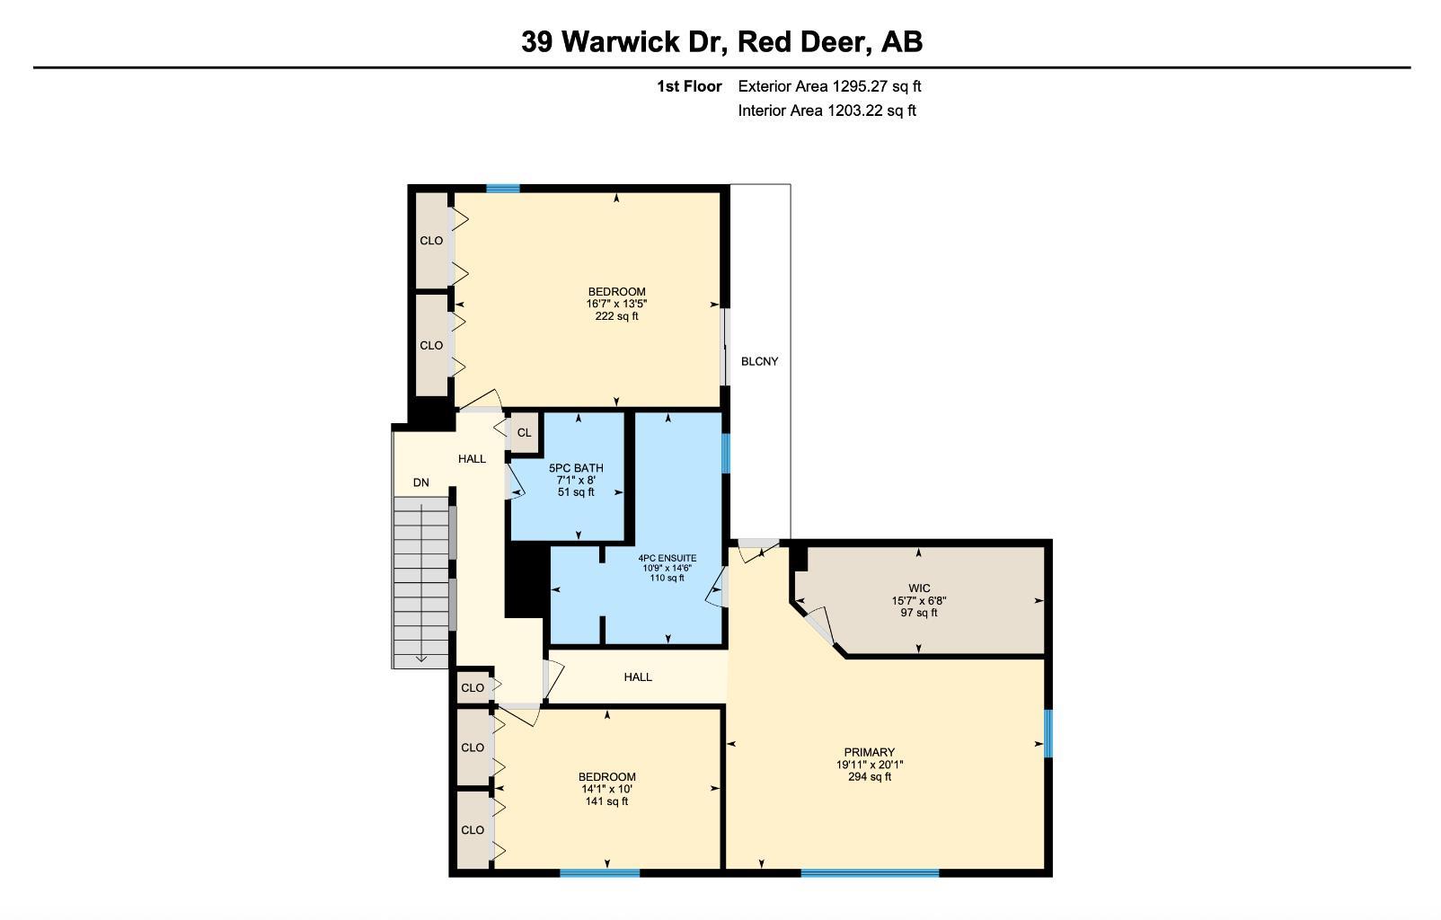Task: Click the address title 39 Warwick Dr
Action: [x=624, y=42]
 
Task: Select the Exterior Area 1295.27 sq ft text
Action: [x=829, y=86]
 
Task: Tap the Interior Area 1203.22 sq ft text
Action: [x=827, y=111]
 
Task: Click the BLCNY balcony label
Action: [x=760, y=361]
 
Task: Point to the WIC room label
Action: [x=919, y=588]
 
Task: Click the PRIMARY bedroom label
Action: [x=870, y=752]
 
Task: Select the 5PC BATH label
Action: [x=577, y=468]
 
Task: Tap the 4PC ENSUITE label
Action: [x=667, y=559]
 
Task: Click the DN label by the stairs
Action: [x=420, y=482]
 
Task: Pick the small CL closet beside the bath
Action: [x=525, y=433]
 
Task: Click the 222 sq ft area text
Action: [x=617, y=316]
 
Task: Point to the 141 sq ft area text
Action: [x=606, y=801]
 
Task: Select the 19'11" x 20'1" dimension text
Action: [x=870, y=765]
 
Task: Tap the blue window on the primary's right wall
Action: [x=1048, y=733]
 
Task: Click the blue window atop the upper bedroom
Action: [x=503, y=189]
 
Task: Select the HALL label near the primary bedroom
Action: [x=638, y=677]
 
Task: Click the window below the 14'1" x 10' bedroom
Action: [x=599, y=872]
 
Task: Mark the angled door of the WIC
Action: [x=819, y=625]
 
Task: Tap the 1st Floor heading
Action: [x=689, y=86]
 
